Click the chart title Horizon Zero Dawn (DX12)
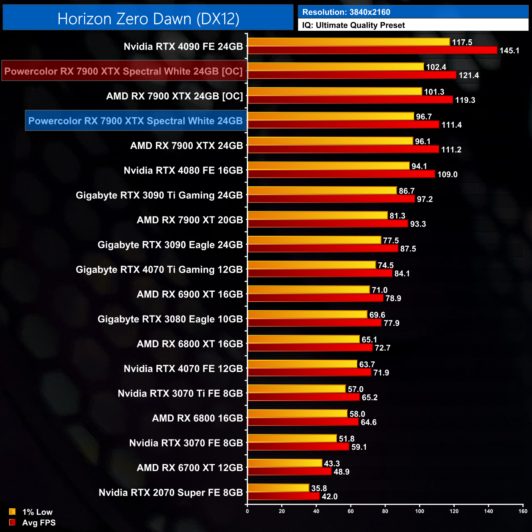(x=148, y=19)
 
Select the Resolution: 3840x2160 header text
(x=346, y=12)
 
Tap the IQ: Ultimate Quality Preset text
(x=354, y=25)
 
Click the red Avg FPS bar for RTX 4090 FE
(x=372, y=50)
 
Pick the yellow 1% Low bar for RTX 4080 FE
(x=329, y=166)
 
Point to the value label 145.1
(x=509, y=51)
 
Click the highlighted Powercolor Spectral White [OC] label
(x=124, y=71)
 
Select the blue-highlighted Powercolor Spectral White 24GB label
(x=135, y=121)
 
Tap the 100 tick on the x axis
(x=419, y=511)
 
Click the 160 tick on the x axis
(x=523, y=511)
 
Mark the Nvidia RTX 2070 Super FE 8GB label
(x=171, y=493)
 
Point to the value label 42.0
(x=329, y=497)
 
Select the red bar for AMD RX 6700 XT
(x=290, y=471)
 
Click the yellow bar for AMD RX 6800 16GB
(x=298, y=414)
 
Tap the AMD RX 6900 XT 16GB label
(x=190, y=295)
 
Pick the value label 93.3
(x=418, y=224)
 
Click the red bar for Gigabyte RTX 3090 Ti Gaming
(x=331, y=199)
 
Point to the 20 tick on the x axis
(x=282, y=511)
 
